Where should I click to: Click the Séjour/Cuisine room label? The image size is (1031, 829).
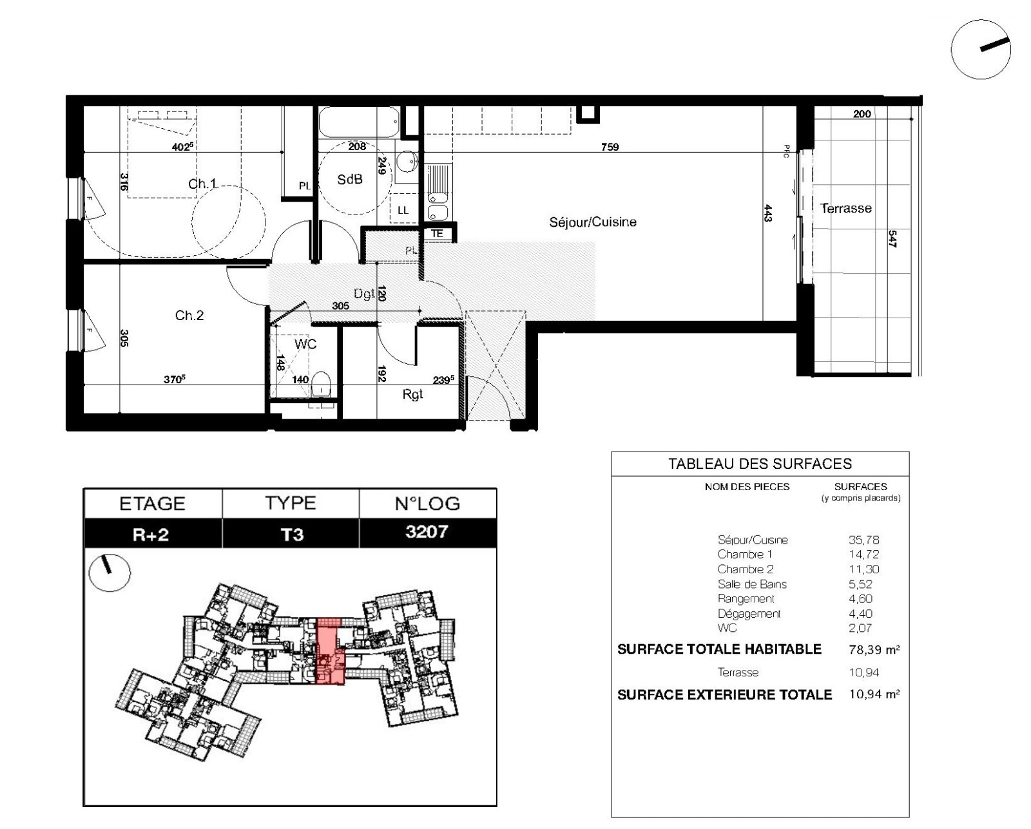click(593, 222)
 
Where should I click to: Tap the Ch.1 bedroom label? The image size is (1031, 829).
click(202, 184)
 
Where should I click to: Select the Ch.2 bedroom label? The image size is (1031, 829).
click(189, 315)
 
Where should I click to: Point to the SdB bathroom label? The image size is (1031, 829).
click(350, 180)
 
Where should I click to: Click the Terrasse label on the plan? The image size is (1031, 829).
click(845, 208)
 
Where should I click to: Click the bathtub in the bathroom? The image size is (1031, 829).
click(359, 122)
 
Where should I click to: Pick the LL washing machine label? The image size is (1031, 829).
click(403, 210)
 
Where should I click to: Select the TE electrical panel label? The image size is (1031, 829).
click(437, 234)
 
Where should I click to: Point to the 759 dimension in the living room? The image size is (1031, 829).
click(610, 147)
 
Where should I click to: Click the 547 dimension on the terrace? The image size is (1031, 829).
click(892, 239)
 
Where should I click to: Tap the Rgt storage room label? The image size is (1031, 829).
click(412, 395)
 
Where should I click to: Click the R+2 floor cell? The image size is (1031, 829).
click(152, 533)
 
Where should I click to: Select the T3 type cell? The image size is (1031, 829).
click(291, 533)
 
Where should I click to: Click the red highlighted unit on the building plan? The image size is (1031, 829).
click(331, 651)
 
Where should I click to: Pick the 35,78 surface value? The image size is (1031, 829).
click(864, 540)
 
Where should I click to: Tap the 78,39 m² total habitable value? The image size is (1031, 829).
click(874, 649)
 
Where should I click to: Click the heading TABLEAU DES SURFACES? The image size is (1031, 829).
click(760, 464)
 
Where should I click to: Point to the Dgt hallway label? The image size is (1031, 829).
click(363, 294)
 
